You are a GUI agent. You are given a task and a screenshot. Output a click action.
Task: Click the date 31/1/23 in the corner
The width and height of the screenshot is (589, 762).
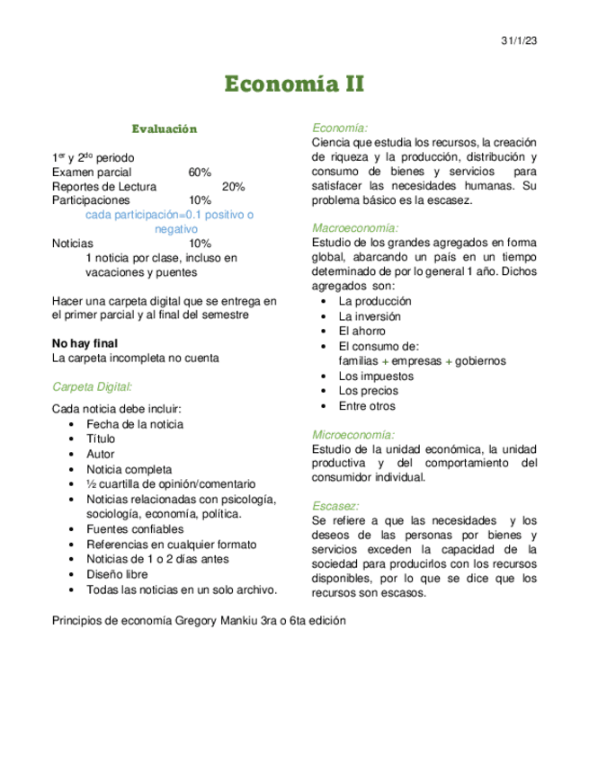click(518, 41)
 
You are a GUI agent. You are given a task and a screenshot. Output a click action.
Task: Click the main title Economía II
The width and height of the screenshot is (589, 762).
click(294, 84)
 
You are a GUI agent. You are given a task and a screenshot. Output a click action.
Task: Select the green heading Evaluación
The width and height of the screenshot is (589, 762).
click(164, 128)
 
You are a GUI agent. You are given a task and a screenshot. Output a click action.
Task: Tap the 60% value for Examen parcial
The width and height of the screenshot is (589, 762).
click(200, 172)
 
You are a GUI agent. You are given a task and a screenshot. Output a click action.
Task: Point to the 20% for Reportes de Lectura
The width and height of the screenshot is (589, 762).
click(233, 186)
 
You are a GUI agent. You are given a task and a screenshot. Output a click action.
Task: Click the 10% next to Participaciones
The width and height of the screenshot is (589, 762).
click(200, 200)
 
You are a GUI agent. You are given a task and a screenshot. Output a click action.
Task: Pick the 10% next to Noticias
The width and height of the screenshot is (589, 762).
click(200, 244)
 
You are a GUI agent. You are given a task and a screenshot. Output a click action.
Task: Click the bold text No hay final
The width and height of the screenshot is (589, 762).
click(85, 343)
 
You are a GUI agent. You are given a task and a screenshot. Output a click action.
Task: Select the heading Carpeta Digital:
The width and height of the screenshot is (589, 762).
click(92, 386)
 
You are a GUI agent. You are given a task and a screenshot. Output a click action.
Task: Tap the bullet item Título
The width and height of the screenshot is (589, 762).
click(101, 439)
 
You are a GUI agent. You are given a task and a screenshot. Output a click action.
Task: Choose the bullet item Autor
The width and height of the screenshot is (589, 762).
click(101, 454)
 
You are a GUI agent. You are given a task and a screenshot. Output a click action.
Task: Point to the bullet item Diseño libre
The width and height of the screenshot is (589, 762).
click(118, 574)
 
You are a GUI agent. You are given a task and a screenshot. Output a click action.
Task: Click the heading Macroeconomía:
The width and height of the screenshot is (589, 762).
click(354, 228)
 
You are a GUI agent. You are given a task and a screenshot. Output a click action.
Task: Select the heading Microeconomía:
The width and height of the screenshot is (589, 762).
click(353, 434)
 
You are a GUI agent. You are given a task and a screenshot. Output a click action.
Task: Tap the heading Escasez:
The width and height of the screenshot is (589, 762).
click(335, 506)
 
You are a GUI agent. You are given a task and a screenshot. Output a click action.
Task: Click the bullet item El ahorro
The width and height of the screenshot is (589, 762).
click(361, 331)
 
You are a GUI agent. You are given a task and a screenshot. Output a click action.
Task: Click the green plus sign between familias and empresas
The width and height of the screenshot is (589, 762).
click(385, 361)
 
